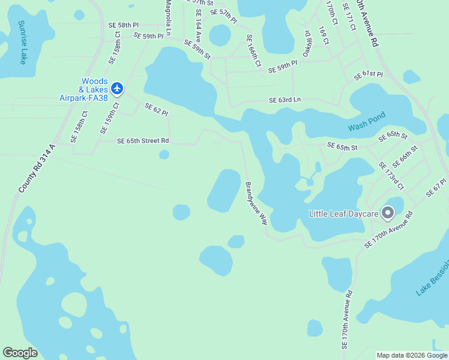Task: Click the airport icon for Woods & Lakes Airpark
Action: [x=117, y=89]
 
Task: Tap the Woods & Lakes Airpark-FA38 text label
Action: [x=84, y=89]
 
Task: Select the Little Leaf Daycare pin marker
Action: [x=388, y=212]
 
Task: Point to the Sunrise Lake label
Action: [x=22, y=42]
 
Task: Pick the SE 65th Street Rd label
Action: [x=143, y=141]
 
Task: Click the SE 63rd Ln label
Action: [x=285, y=100]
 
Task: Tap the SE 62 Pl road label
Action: [x=156, y=109]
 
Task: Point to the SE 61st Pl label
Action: [x=368, y=75]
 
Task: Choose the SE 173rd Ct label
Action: [x=390, y=175]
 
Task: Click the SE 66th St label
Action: [x=405, y=157]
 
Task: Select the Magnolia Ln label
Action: [x=169, y=18]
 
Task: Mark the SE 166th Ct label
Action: [x=253, y=50]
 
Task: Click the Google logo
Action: [x=20, y=353]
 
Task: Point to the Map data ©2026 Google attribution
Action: [x=411, y=355]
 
